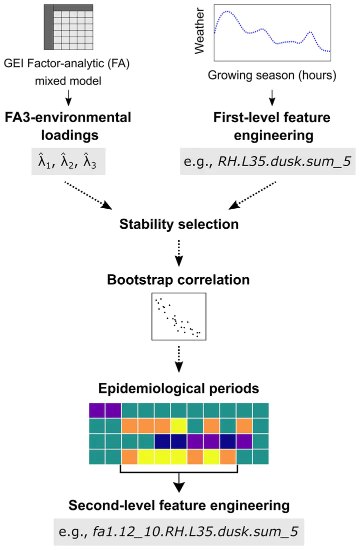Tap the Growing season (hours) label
tap(271, 76)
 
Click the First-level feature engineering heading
tap(271, 127)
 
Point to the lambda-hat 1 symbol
tap(39, 161)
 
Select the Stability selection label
tap(179, 225)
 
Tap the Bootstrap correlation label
tap(178, 279)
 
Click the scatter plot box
tap(178, 316)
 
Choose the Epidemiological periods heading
tap(178, 388)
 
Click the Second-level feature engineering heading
tap(179, 505)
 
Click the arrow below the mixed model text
tap(68, 98)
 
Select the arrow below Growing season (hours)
tap(271, 96)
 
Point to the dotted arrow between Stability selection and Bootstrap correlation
tap(178, 253)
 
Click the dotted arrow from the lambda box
tap(87, 195)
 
